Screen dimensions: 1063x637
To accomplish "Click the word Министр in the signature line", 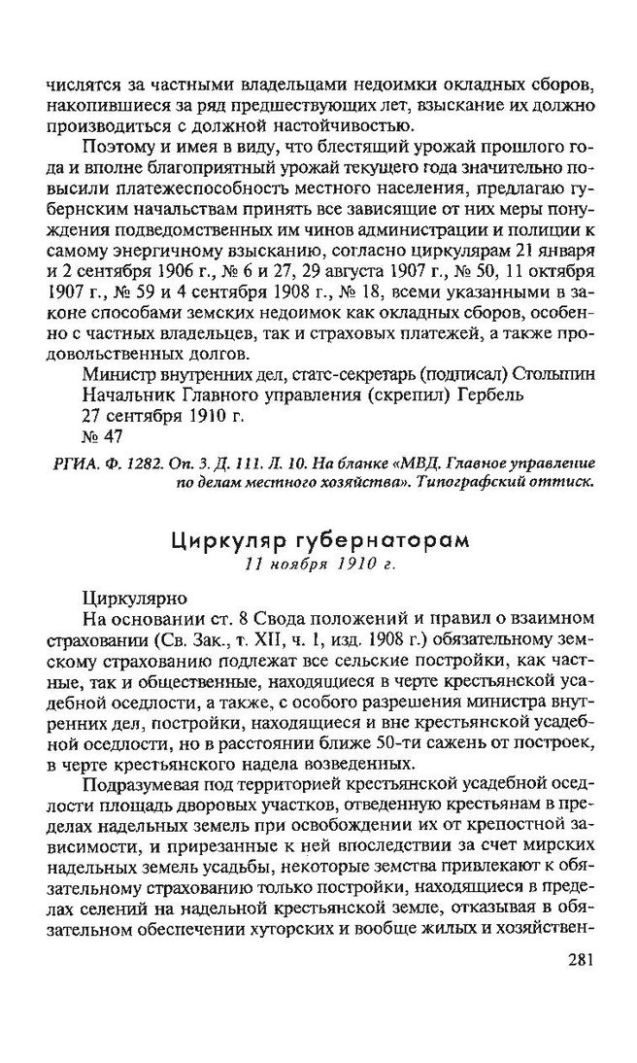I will (122, 373).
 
